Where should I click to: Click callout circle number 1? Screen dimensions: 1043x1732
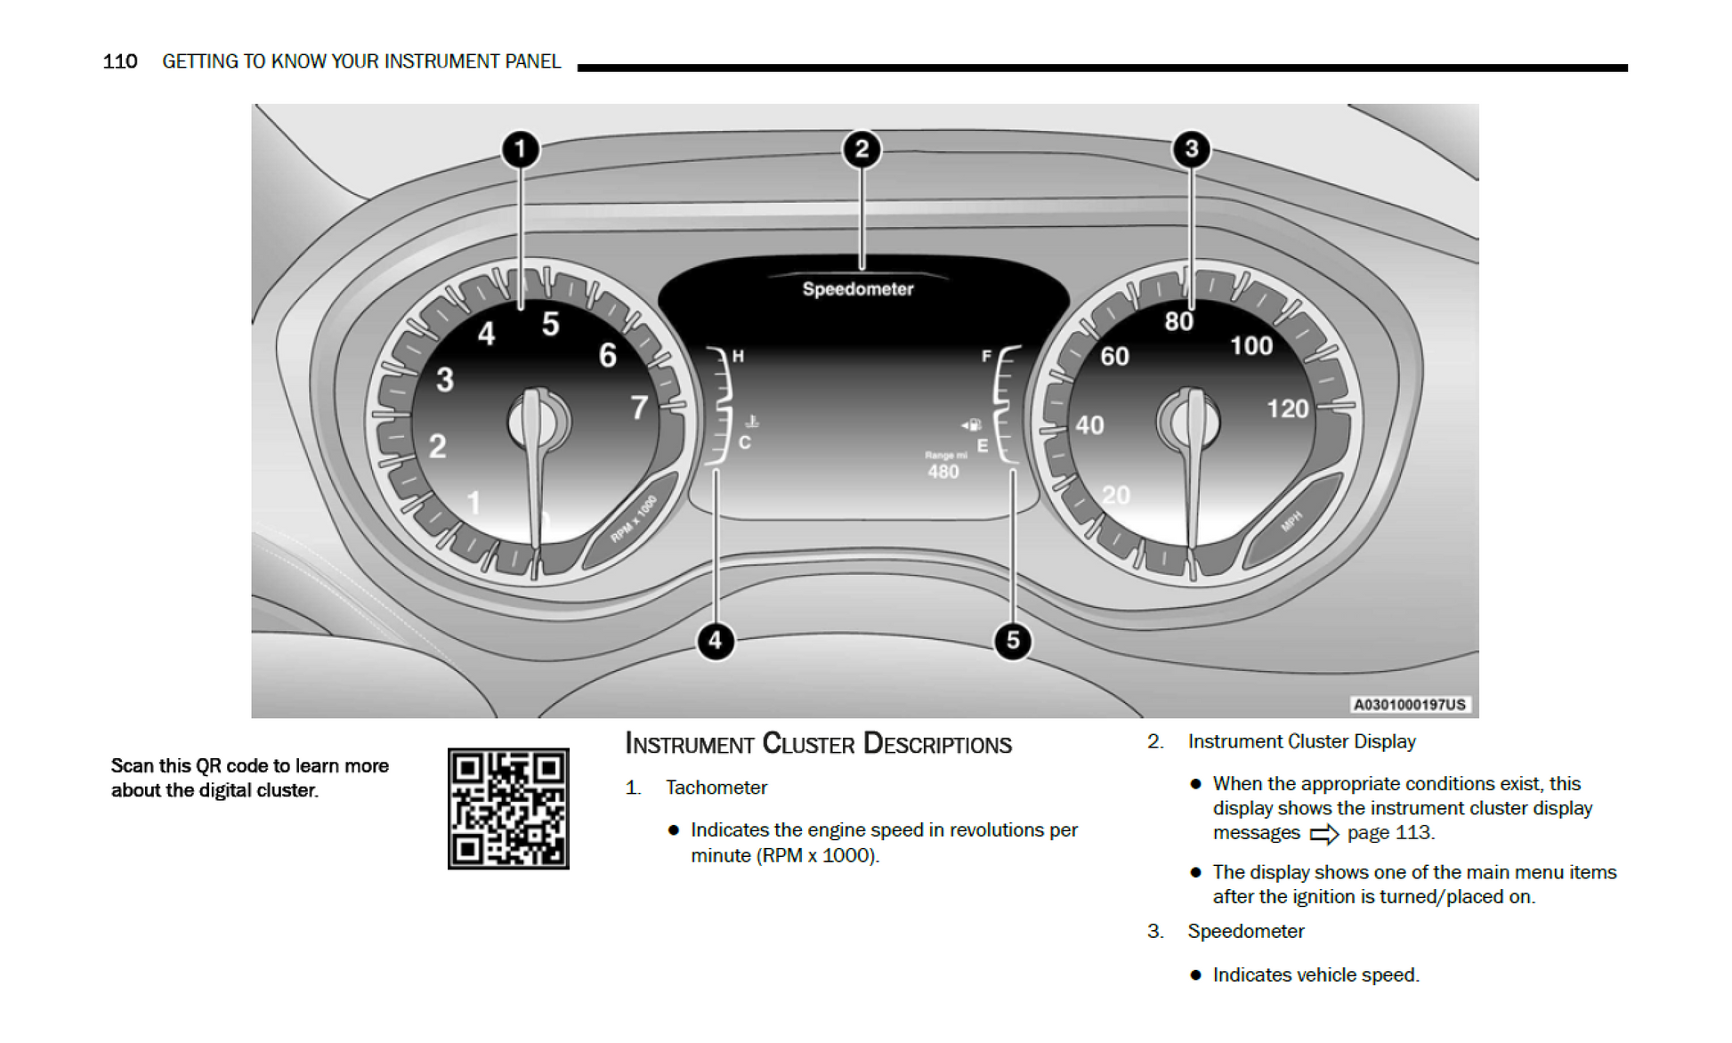[x=521, y=150]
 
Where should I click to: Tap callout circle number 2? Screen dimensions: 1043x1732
[x=862, y=150]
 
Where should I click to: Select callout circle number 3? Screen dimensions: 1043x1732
[x=1192, y=150]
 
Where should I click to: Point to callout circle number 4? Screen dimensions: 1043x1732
[x=716, y=641]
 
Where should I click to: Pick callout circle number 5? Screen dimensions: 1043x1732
[x=1013, y=641]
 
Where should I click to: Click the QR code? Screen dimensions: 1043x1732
[x=508, y=808]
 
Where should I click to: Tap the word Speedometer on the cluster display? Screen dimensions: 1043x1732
[x=858, y=289]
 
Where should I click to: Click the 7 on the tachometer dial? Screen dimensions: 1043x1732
[x=639, y=408]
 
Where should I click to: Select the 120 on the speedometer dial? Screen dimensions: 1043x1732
[x=1288, y=409]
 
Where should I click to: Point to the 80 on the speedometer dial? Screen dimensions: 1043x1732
[x=1178, y=321]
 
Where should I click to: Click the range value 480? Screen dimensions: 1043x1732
[x=943, y=472]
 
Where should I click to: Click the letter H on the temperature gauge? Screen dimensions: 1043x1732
[x=738, y=357]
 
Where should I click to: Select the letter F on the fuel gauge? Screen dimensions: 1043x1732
[x=986, y=356]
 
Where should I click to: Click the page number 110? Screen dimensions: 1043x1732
[x=120, y=61]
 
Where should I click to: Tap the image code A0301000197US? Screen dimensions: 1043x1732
[x=1409, y=705]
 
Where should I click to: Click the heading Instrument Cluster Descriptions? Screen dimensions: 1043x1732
[x=818, y=744]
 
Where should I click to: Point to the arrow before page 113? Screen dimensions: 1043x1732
[x=1324, y=834]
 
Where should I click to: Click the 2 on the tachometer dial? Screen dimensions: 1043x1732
[x=437, y=446]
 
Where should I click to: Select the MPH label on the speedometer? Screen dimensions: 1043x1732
[x=1291, y=521]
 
